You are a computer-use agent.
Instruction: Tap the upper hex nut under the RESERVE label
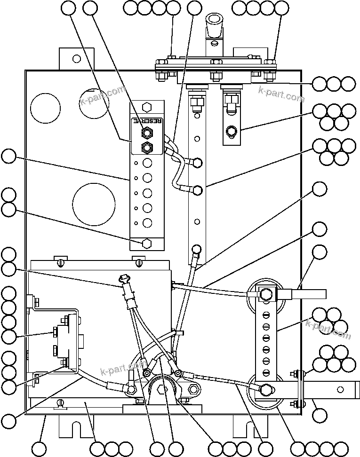147,134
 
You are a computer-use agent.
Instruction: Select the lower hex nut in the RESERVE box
147,148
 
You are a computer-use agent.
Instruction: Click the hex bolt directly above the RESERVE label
147,106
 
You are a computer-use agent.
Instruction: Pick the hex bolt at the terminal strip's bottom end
147,244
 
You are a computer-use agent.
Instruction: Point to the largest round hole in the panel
94,203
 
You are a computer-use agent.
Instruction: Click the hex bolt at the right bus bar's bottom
265,389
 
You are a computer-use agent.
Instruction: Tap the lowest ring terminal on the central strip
197,249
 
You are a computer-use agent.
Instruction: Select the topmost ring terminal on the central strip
197,163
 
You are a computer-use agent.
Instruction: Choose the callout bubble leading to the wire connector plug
8,269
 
